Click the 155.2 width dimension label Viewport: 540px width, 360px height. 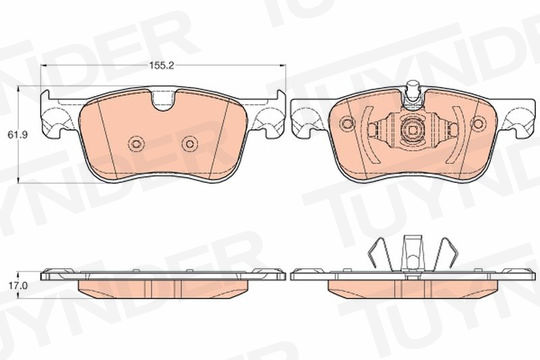(x=162, y=65)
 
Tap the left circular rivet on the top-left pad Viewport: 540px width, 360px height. (x=136, y=143)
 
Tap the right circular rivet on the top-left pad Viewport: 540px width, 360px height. (x=190, y=143)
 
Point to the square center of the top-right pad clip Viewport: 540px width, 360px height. (x=413, y=131)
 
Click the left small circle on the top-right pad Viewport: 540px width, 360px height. (x=346, y=124)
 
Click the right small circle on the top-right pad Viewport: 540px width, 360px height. (x=478, y=124)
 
